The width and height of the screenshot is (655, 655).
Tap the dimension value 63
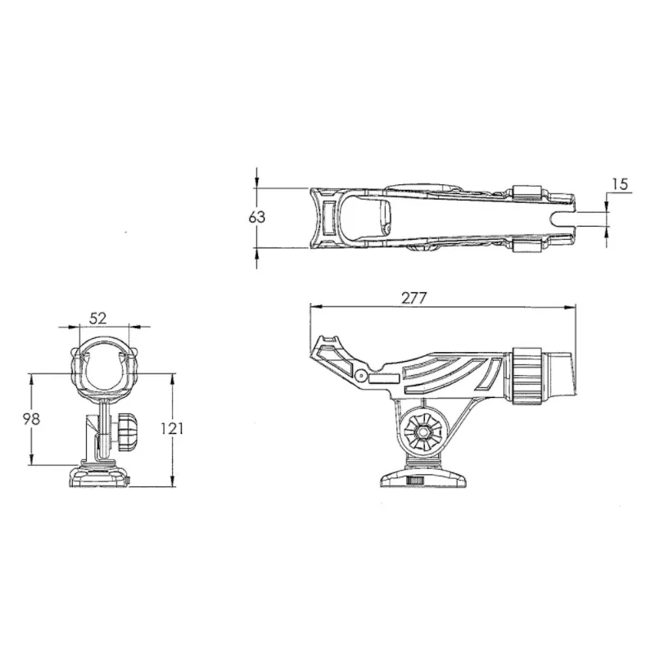coord(257,218)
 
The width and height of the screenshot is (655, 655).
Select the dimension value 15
coord(620,184)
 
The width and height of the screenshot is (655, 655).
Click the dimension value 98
coord(31,418)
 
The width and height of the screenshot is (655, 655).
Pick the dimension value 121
coord(187,429)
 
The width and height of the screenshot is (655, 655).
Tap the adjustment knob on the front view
coord(126,434)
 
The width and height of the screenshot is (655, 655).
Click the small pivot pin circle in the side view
coord(361,375)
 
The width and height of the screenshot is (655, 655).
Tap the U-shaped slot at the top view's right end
coord(565,218)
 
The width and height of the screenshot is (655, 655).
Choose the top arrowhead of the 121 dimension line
coord(174,377)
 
